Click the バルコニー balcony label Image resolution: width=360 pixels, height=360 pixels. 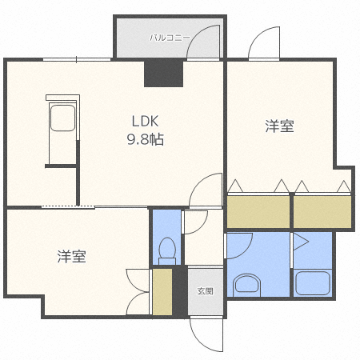pyautogui.click(x=169, y=37)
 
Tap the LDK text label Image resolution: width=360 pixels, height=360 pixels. pyautogui.click(x=146, y=122)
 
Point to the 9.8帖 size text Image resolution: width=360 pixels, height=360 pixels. pyautogui.click(x=146, y=139)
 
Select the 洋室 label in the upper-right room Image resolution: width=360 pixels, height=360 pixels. pyautogui.click(x=279, y=126)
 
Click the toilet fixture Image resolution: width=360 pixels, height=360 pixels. pyautogui.click(x=167, y=250)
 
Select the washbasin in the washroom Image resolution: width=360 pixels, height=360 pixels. pyautogui.click(x=246, y=284)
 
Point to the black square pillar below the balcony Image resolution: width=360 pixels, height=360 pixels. pyautogui.click(x=163, y=74)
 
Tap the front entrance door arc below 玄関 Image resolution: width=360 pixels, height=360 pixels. pyautogui.click(x=206, y=331)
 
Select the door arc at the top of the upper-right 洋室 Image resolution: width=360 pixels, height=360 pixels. pyautogui.click(x=263, y=44)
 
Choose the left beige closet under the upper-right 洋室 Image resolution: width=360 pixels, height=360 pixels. pyautogui.click(x=258, y=212)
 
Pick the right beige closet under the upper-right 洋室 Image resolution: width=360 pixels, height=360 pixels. pyautogui.click(x=322, y=212)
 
